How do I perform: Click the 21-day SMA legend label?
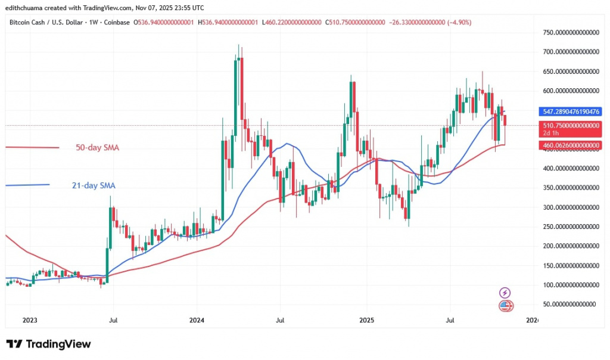pos(89,186)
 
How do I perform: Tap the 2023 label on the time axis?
pos(30,321)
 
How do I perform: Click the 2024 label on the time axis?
pos(197,321)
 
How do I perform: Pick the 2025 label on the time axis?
pos(366,321)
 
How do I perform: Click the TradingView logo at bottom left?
pos(49,345)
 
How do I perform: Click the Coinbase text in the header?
pos(117,22)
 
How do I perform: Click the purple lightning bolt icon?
pos(505,293)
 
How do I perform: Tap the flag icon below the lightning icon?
pos(505,305)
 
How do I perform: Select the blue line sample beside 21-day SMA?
pos(27,185)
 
